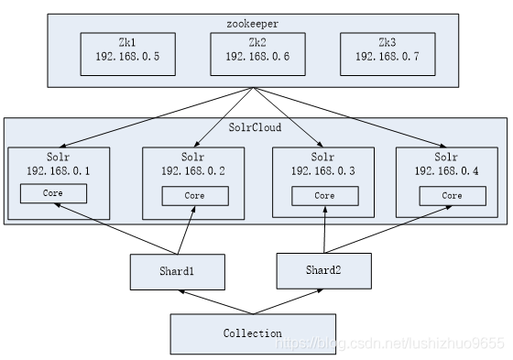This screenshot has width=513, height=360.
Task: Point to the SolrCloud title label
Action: click(255, 128)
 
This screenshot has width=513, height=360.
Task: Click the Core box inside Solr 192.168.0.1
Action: click(53, 193)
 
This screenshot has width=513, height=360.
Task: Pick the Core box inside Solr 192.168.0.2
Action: click(194, 196)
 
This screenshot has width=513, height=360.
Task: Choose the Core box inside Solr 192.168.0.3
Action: click(323, 196)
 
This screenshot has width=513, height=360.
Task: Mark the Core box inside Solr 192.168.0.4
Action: click(452, 196)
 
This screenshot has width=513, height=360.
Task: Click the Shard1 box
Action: click(178, 271)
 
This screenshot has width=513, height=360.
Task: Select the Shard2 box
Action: click(324, 270)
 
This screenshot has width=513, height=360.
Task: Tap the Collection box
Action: click(253, 333)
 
